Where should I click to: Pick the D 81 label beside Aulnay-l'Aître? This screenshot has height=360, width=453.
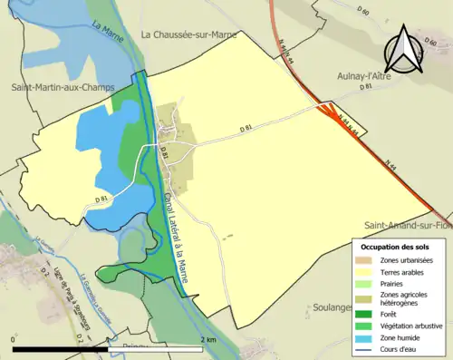(366, 89)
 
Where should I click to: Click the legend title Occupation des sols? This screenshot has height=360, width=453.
(395, 246)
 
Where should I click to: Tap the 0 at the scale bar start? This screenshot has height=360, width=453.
(14, 339)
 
